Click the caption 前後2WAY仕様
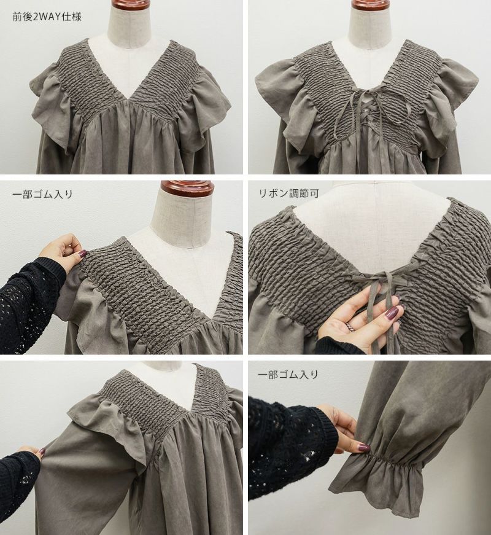(x=47, y=17)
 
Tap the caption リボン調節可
(x=289, y=193)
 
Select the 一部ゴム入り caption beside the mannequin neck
(x=42, y=194)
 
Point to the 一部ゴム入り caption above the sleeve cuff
(x=288, y=374)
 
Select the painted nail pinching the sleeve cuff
(x=363, y=446)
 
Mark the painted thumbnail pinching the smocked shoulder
(x=83, y=254)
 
